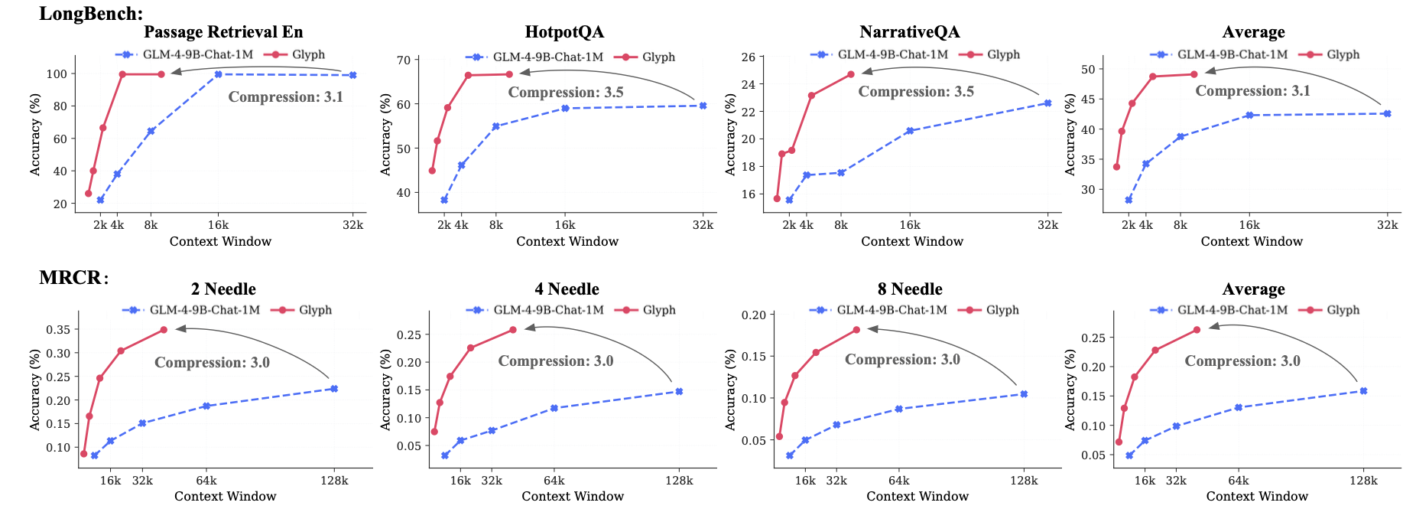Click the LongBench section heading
(91, 13)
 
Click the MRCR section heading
(73, 277)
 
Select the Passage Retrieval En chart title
(223, 32)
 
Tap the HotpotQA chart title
(564, 32)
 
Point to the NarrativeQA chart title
(909, 32)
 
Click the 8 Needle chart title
(910, 289)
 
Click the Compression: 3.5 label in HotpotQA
(566, 93)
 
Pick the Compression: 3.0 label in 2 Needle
(212, 363)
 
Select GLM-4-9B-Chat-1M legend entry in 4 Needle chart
(548, 310)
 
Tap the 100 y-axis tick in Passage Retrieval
(57, 74)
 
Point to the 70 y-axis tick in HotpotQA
(403, 60)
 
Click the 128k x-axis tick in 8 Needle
(1024, 481)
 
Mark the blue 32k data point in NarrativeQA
(1047, 103)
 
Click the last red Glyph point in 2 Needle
(164, 330)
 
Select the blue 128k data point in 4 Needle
(679, 391)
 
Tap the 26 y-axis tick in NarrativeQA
(748, 57)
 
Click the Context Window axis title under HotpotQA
(567, 242)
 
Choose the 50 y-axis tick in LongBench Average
(1087, 70)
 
